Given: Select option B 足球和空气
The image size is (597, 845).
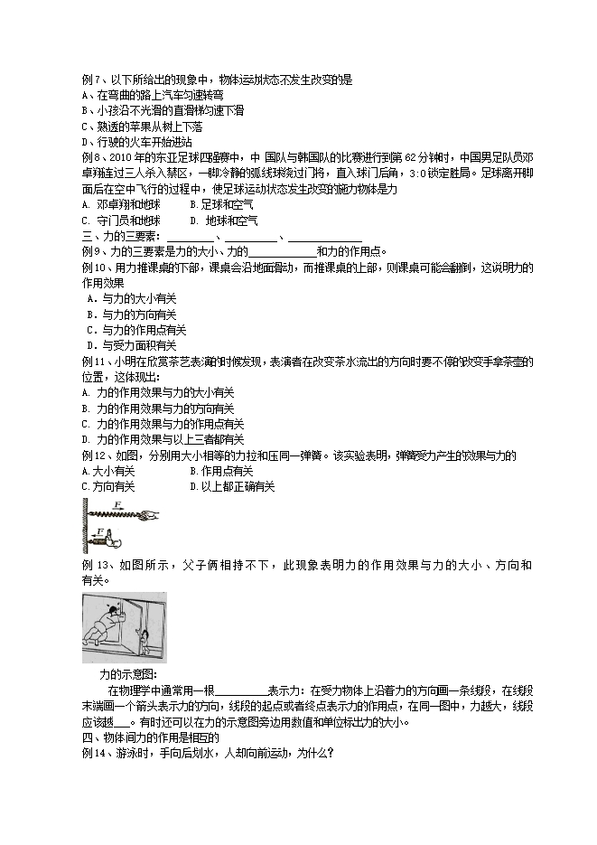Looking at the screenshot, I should click(x=216, y=204).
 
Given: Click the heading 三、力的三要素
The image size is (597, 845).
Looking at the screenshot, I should click(x=114, y=236).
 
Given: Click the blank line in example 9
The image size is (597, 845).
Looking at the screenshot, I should click(x=281, y=252).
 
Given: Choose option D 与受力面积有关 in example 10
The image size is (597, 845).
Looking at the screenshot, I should click(x=131, y=345).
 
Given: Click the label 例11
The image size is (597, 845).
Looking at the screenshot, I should click(x=94, y=361).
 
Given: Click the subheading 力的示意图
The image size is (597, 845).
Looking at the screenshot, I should click(x=128, y=673).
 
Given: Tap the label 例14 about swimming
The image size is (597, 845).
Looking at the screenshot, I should click(x=94, y=753).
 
